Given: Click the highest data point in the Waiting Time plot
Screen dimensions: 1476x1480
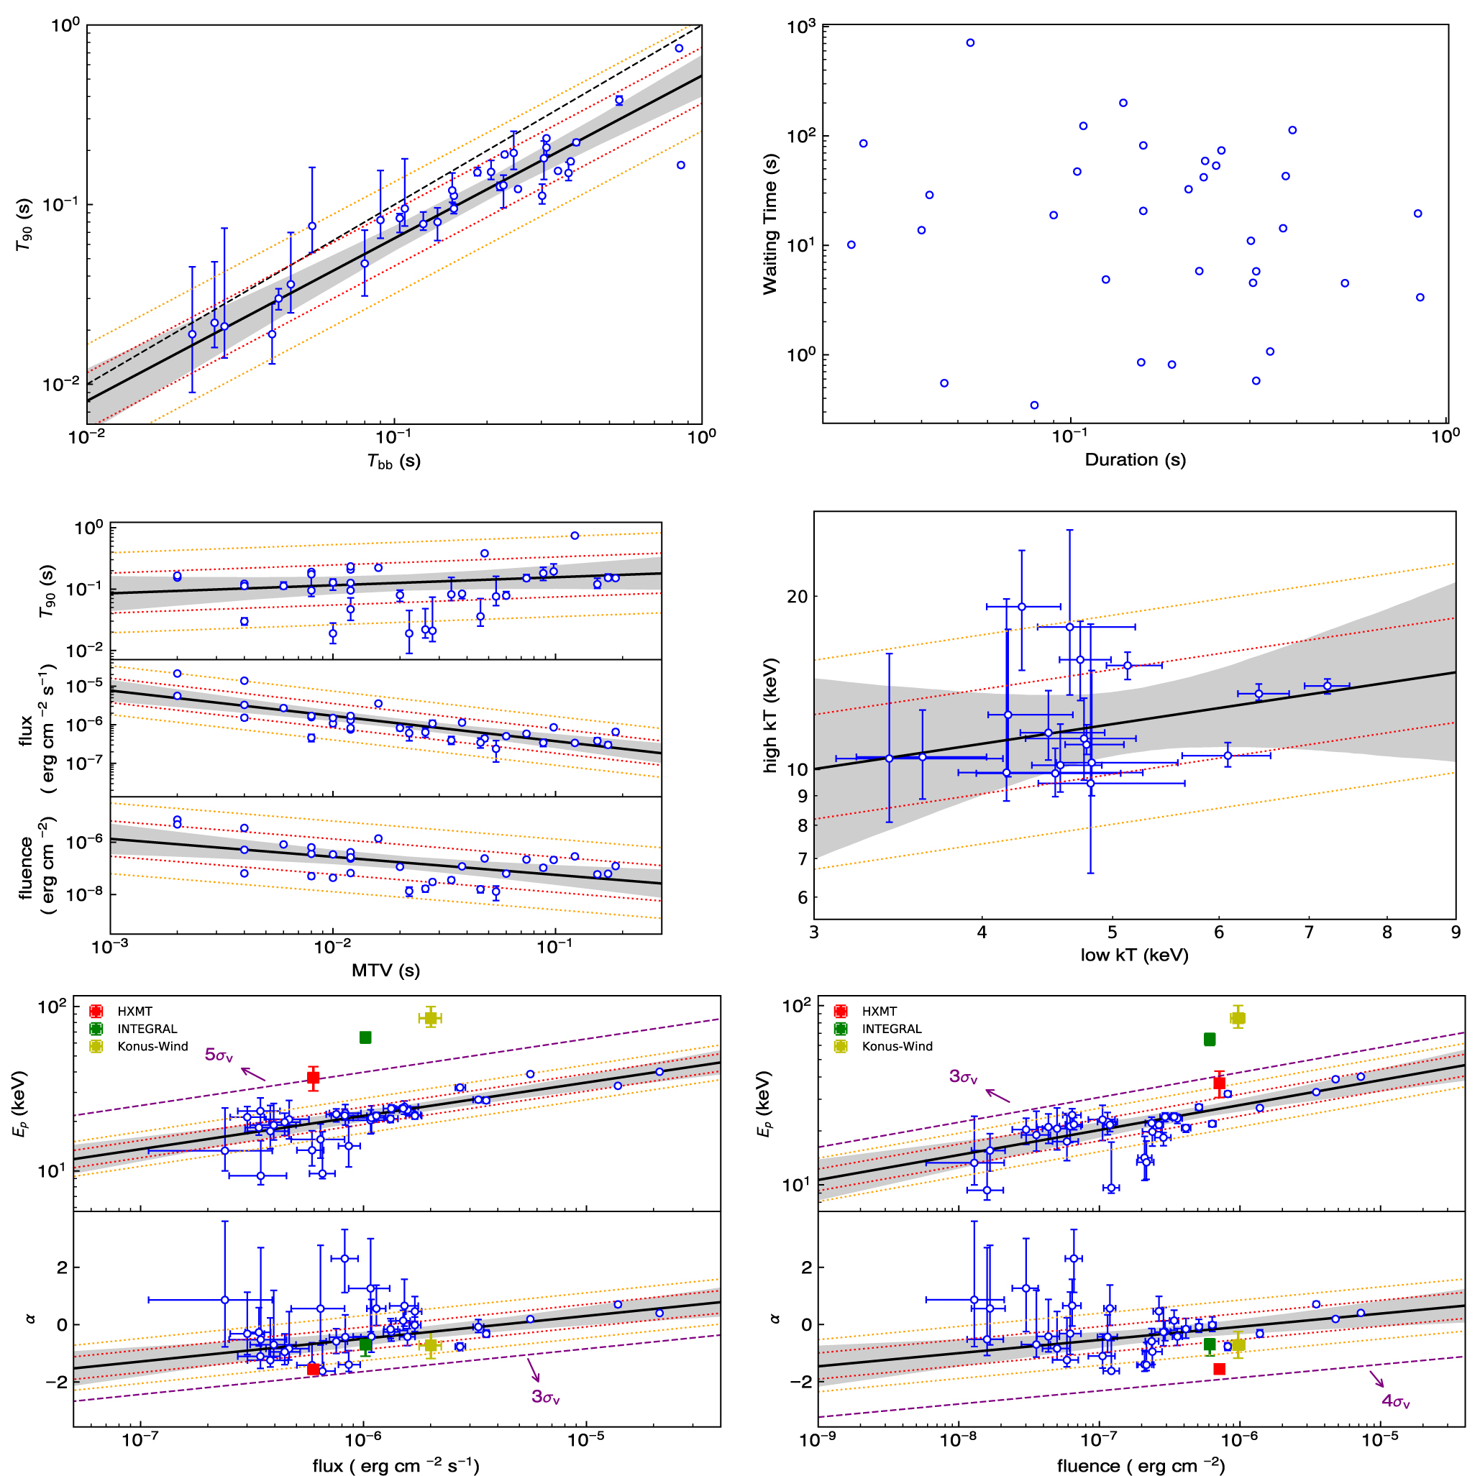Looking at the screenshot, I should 970,43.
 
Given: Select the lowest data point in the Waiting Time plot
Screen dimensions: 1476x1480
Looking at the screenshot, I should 1034,405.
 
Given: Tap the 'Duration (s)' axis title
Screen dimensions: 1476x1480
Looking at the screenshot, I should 1135,460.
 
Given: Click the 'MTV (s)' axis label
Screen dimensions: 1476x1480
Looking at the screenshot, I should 385,971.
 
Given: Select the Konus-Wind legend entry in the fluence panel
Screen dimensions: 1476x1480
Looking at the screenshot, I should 897,1046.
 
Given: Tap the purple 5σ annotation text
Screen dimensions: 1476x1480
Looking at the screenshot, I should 219,1055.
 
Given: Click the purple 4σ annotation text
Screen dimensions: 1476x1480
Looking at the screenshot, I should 1396,1403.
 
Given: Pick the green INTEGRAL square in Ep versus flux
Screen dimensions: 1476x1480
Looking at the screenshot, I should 365,1038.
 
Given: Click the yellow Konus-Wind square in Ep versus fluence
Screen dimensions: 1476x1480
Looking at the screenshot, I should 1238,1018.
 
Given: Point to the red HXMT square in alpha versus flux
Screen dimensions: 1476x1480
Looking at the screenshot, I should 314,1369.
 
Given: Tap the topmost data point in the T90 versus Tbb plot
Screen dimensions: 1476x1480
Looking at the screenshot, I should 679,48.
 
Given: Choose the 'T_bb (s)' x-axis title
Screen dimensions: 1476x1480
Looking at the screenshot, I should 394,461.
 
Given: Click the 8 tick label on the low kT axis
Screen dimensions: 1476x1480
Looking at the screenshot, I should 1387,934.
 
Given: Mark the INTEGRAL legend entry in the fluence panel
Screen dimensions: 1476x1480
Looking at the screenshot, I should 891,1029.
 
